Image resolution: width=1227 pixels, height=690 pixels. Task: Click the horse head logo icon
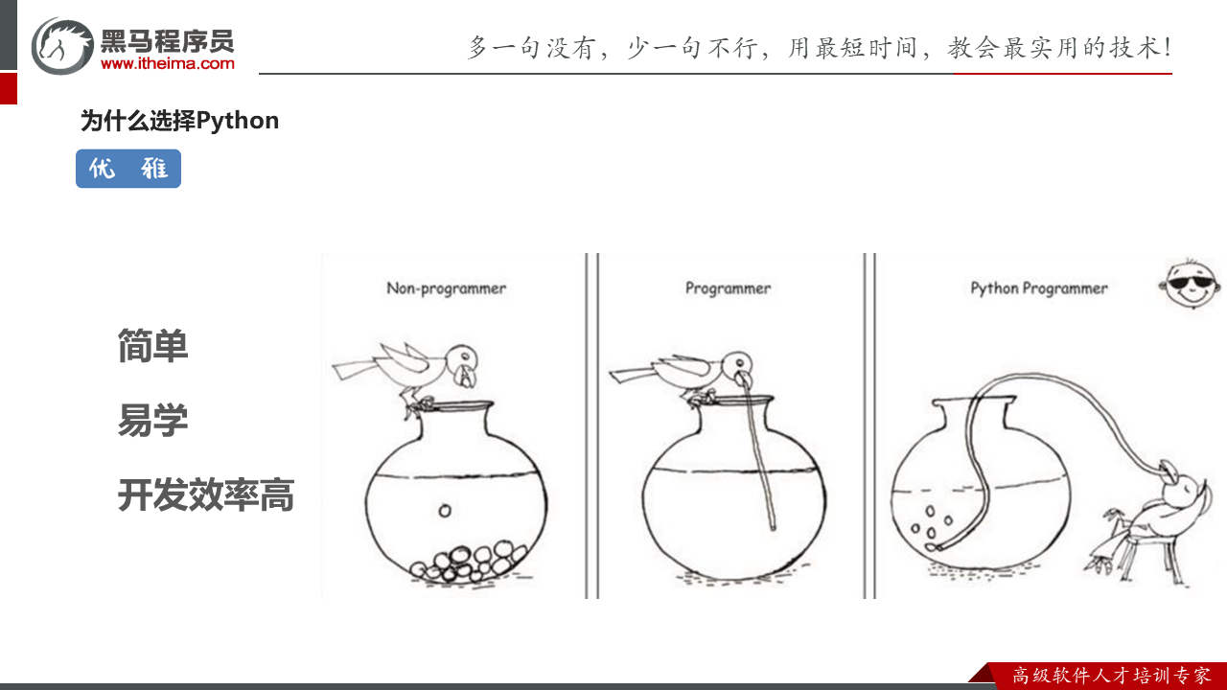tap(62, 45)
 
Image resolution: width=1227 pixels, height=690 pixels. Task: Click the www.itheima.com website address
tap(167, 64)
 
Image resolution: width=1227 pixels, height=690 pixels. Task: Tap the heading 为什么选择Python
tap(179, 121)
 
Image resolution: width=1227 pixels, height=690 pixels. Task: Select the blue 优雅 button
tap(128, 169)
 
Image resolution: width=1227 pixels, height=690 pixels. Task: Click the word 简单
tap(152, 346)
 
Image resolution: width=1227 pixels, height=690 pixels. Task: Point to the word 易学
tap(152, 420)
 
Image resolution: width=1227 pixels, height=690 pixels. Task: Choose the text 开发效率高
tap(205, 495)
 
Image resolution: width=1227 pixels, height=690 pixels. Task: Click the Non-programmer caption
tap(446, 287)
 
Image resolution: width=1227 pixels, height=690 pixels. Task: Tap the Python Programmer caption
tap(1038, 287)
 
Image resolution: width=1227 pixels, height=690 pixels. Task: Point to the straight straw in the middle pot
tap(764, 460)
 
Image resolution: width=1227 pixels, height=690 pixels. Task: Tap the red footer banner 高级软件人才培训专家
tap(1110, 676)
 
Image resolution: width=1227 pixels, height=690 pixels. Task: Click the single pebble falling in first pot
tap(445, 511)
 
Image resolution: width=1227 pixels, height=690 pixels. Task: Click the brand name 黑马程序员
tap(167, 40)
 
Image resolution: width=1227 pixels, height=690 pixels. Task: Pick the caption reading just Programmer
tap(728, 287)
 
